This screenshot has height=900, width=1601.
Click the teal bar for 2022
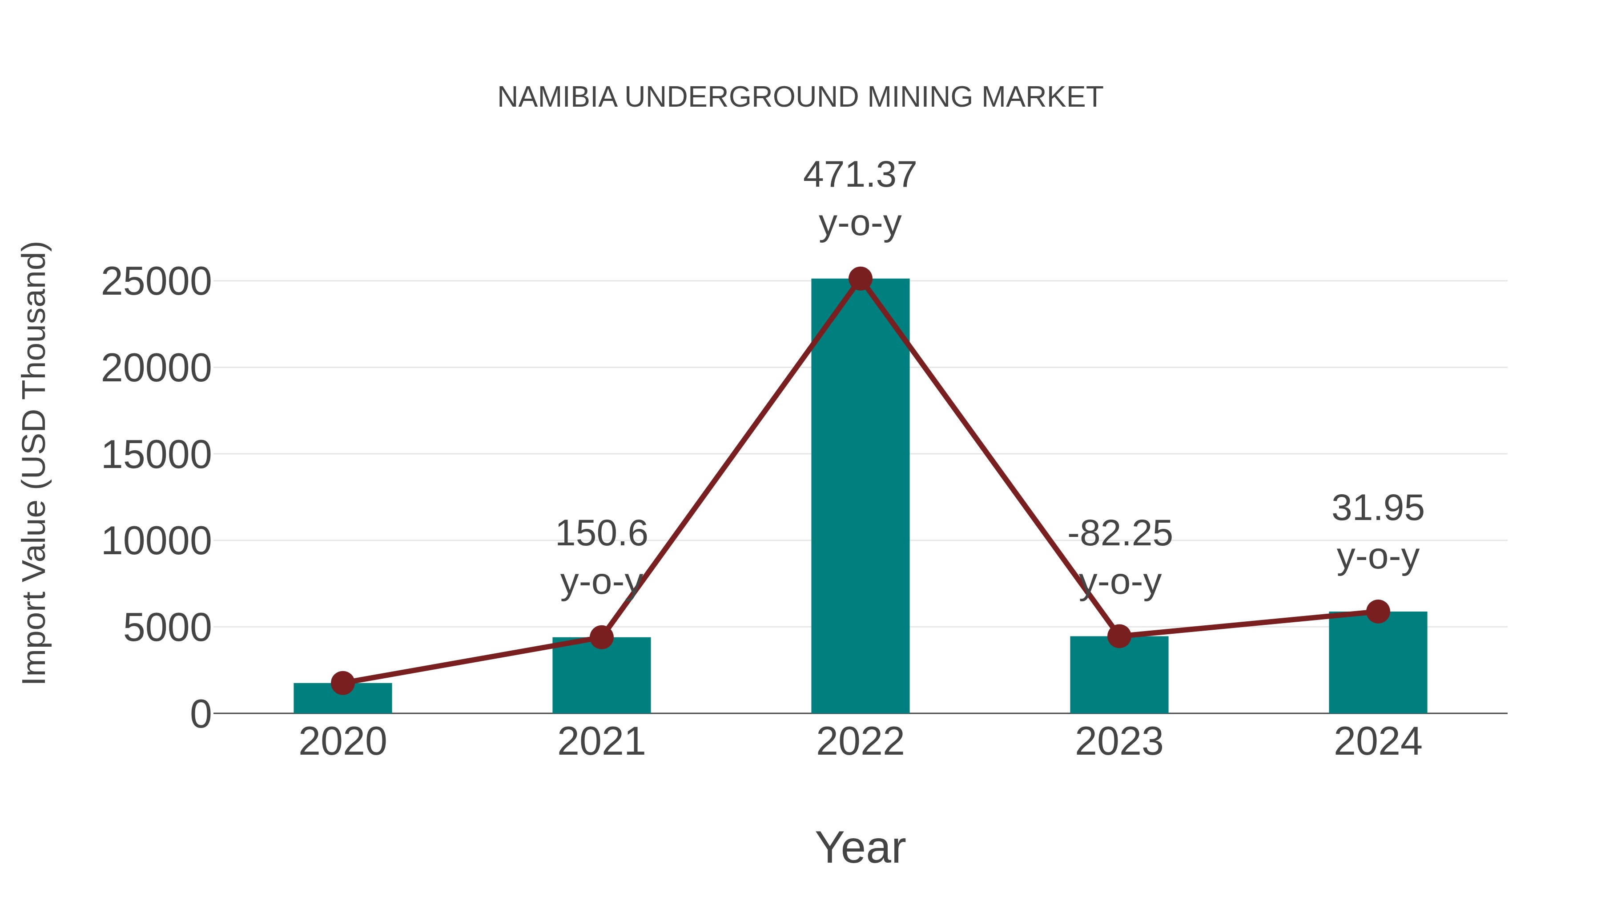(860, 497)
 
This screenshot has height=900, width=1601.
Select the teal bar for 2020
(342, 698)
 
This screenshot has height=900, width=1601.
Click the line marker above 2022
(860, 279)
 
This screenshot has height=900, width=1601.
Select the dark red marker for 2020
(342, 683)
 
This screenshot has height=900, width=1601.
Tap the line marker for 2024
(1378, 611)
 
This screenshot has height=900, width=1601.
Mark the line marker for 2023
(1119, 636)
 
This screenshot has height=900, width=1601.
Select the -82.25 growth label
(1119, 533)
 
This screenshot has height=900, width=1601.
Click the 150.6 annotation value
(601, 533)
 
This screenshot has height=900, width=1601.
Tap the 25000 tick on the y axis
(156, 281)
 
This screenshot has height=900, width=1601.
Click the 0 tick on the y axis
(200, 714)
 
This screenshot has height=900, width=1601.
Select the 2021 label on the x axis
(601, 742)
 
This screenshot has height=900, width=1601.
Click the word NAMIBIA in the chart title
(558, 97)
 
